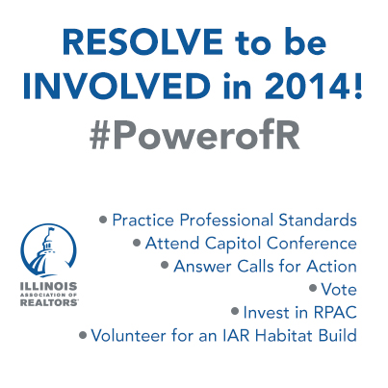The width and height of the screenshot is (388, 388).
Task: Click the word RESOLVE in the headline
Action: coord(142,41)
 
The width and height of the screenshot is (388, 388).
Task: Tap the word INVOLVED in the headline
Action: coord(116,85)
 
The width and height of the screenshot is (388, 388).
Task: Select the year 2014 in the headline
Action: coord(304,85)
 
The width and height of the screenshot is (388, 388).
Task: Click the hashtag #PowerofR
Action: coord(194,134)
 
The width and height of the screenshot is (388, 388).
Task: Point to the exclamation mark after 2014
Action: coord(357,85)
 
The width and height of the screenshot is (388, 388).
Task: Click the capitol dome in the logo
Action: coord(44,254)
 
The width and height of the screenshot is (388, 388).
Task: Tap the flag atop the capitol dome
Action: coord(51,229)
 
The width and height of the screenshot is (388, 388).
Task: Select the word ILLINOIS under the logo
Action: coord(48,286)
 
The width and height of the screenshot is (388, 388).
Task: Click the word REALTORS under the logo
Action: coord(49,302)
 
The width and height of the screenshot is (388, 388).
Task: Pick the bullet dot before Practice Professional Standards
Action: coord(103,220)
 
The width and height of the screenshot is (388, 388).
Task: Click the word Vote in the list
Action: coord(339,289)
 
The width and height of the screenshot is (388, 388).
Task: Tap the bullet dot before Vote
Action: coord(313,288)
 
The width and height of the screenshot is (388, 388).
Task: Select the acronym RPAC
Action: coord(335,312)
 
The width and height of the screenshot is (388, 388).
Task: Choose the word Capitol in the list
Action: coord(233,244)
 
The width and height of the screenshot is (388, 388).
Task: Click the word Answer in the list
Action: coord(202,267)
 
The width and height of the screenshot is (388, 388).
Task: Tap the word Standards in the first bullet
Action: coord(318,220)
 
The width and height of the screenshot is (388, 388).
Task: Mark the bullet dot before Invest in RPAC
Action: coord(235,311)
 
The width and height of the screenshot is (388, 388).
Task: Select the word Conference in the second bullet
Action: coord(312,244)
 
